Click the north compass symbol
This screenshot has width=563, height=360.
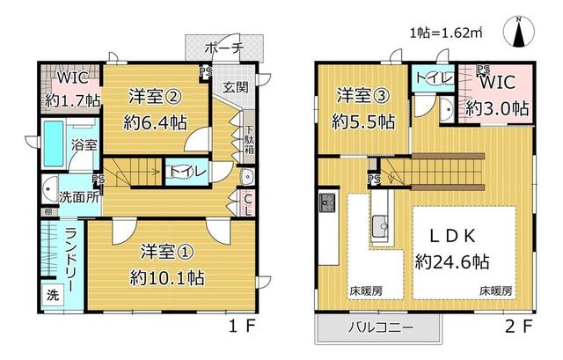click(518, 32)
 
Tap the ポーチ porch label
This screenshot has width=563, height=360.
click(224, 48)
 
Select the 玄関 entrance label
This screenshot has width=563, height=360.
click(236, 87)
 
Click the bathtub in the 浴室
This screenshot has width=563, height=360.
click(54, 143)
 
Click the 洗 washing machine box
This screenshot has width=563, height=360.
click(53, 295)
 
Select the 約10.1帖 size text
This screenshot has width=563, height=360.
click(167, 277)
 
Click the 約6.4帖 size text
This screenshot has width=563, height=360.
click(155, 123)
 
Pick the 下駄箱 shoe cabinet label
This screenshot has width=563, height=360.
click(249, 139)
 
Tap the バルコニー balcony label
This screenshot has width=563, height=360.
click(381, 327)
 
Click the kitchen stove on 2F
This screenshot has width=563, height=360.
click(327, 202)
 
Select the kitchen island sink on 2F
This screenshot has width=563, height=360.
click(380, 226)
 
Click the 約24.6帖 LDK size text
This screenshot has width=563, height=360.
click(452, 261)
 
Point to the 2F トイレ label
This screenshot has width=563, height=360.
click(434, 77)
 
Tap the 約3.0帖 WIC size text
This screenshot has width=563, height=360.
click(497, 107)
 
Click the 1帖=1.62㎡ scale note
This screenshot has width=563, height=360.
click(446, 33)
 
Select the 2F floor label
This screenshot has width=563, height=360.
click(518, 327)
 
